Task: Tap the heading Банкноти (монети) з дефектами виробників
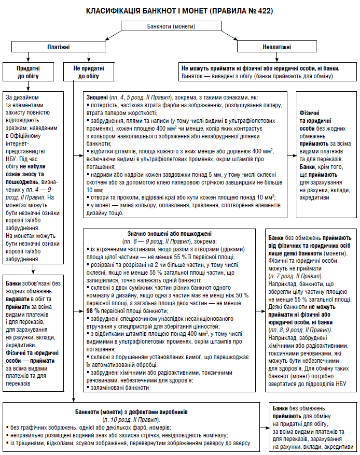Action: pos(143,412)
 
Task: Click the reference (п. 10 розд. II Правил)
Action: pos(131,419)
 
